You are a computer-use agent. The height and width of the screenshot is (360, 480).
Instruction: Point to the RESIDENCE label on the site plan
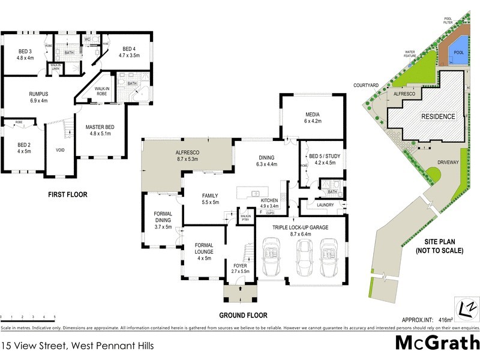click(x=437, y=116)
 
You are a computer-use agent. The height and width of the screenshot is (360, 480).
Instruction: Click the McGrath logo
click(x=437, y=343)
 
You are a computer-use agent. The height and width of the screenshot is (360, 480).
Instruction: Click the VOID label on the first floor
click(x=60, y=150)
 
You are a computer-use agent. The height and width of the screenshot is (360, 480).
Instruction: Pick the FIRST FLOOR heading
click(x=68, y=194)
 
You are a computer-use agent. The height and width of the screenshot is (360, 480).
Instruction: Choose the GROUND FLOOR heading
click(x=244, y=315)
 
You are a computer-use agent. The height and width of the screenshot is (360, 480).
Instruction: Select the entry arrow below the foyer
click(x=240, y=288)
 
